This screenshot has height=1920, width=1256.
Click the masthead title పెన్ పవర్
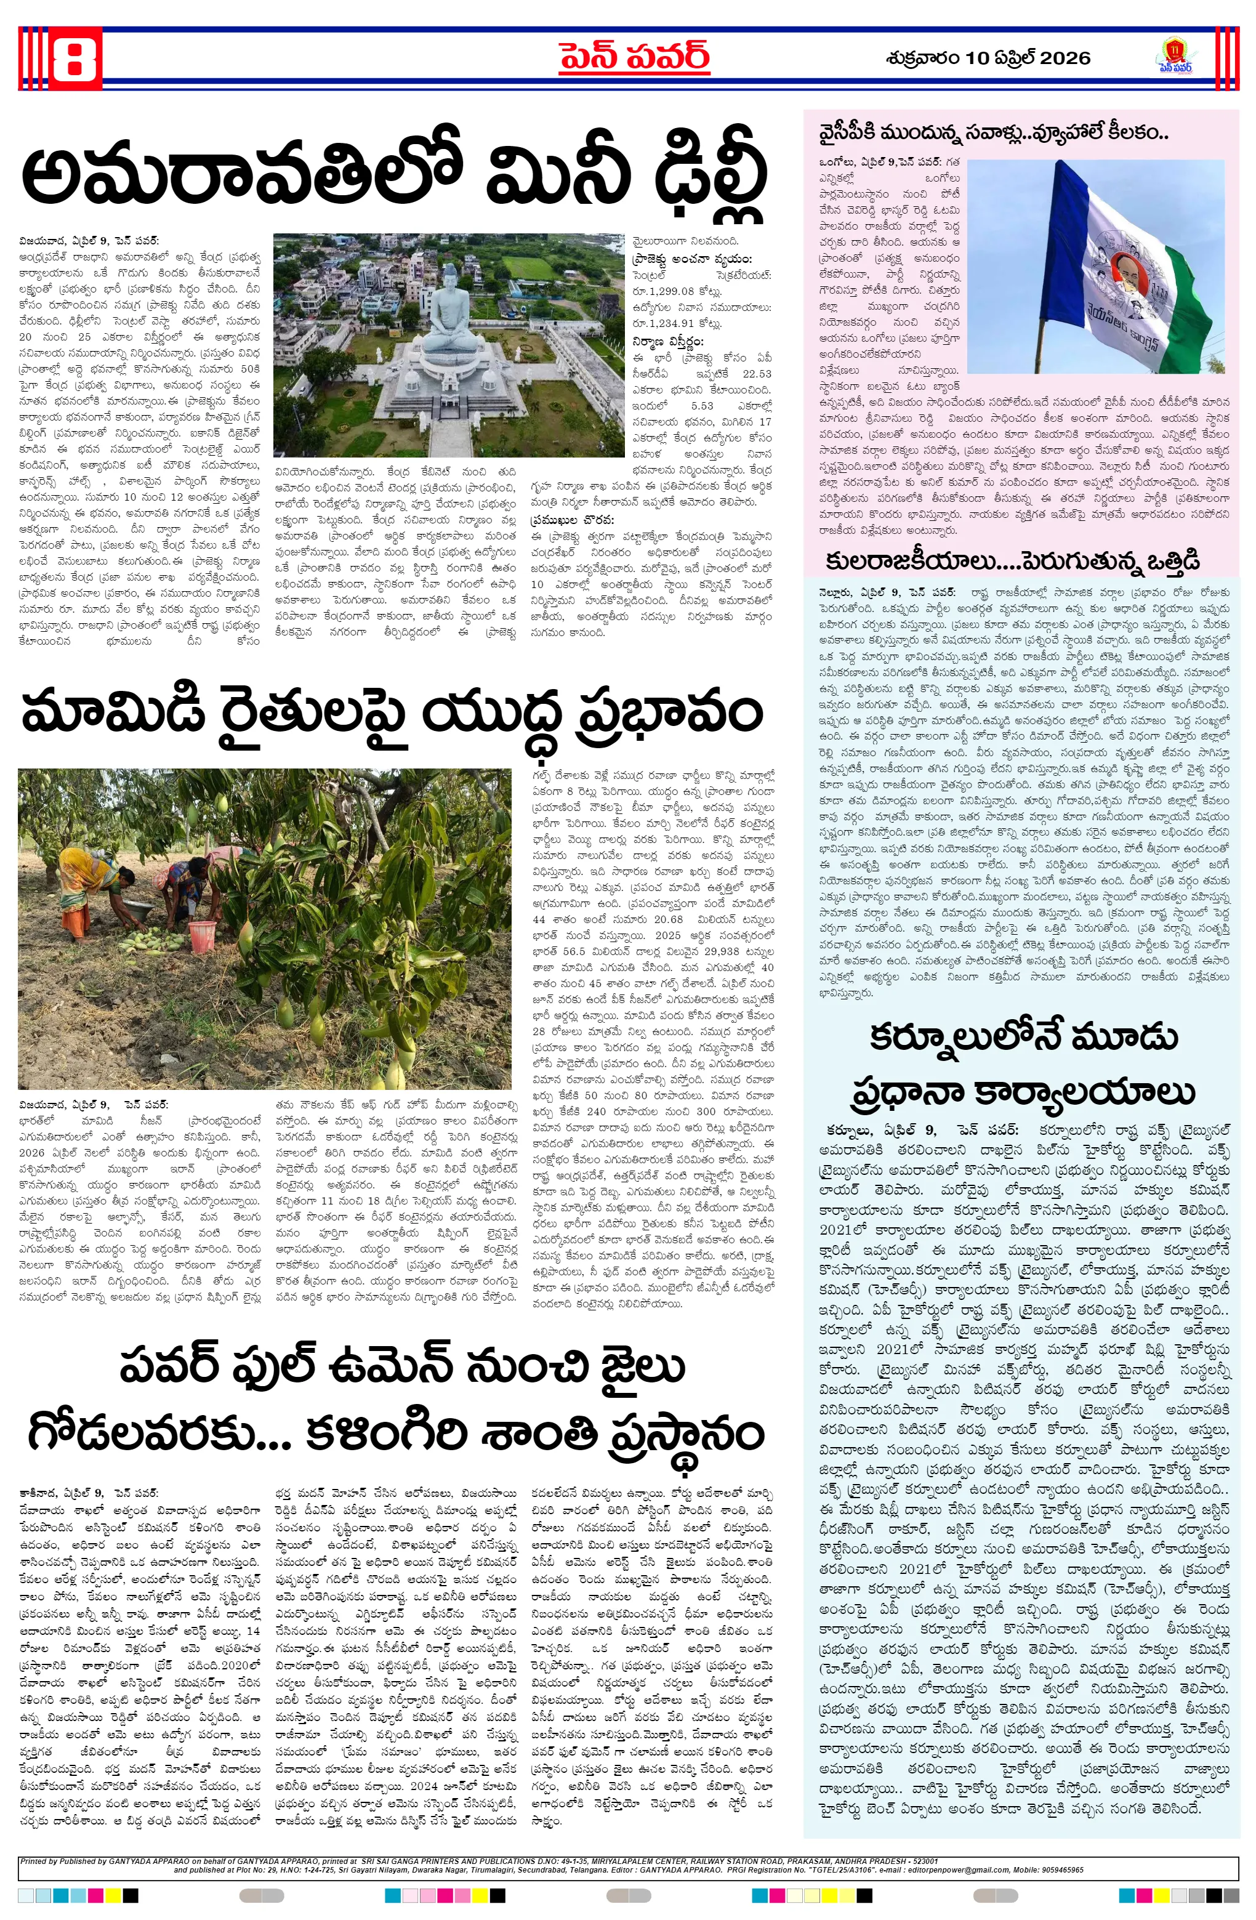pyautogui.click(x=634, y=57)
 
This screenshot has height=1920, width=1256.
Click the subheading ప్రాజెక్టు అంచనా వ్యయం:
pyautogui.click(x=691, y=259)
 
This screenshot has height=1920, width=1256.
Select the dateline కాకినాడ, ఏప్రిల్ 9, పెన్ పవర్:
pyautogui.click(x=89, y=1493)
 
